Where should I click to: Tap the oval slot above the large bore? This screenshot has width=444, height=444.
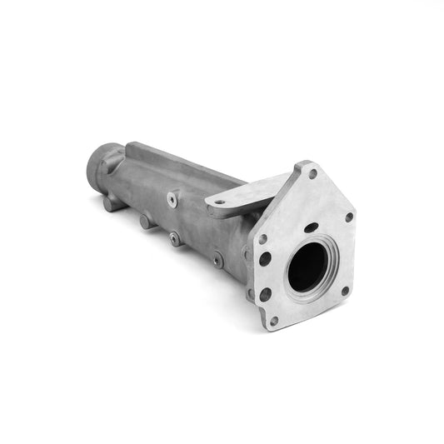point(310,227)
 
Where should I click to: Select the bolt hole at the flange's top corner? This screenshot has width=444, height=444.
point(312,175)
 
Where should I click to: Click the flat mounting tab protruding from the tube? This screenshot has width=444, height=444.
point(237,200)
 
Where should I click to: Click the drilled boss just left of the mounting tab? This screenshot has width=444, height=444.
point(172,199)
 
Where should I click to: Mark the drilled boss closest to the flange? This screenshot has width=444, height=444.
point(217,261)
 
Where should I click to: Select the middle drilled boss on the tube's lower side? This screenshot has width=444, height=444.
point(175,238)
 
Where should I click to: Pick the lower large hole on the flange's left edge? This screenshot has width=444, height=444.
point(265,294)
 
